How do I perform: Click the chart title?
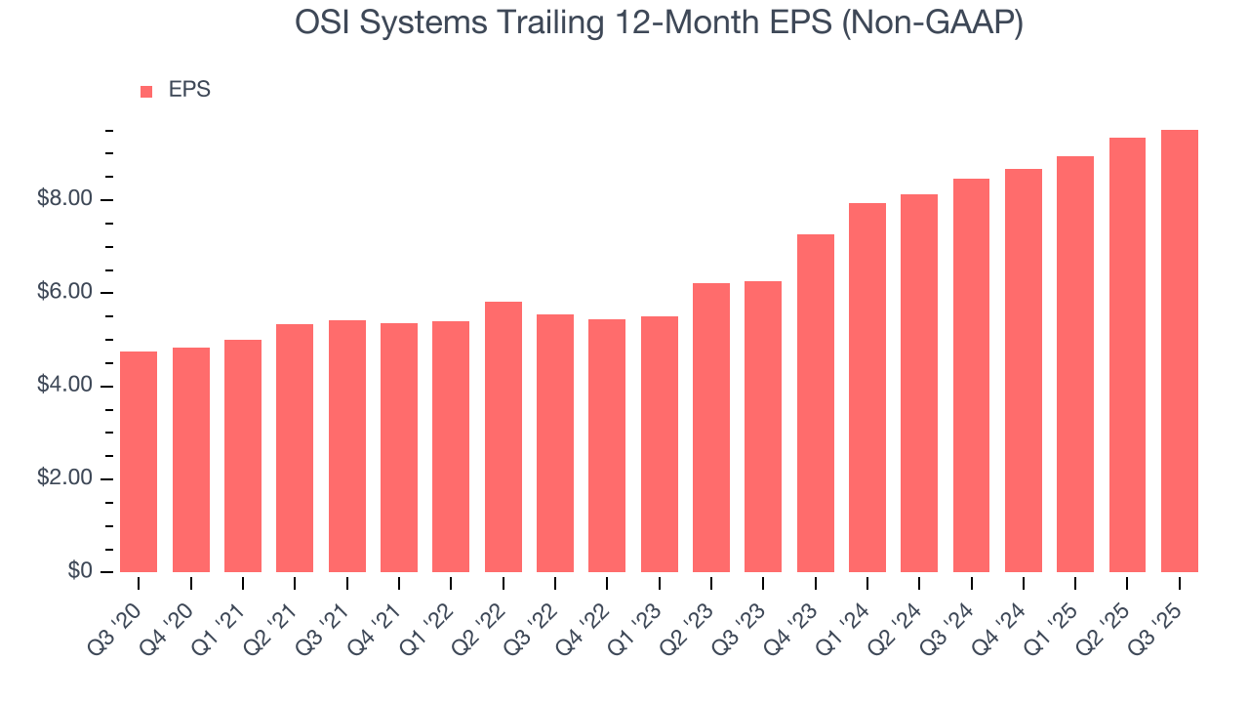click(659, 23)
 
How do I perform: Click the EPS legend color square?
click(146, 91)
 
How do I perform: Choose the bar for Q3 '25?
click(1180, 351)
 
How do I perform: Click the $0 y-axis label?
click(80, 571)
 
